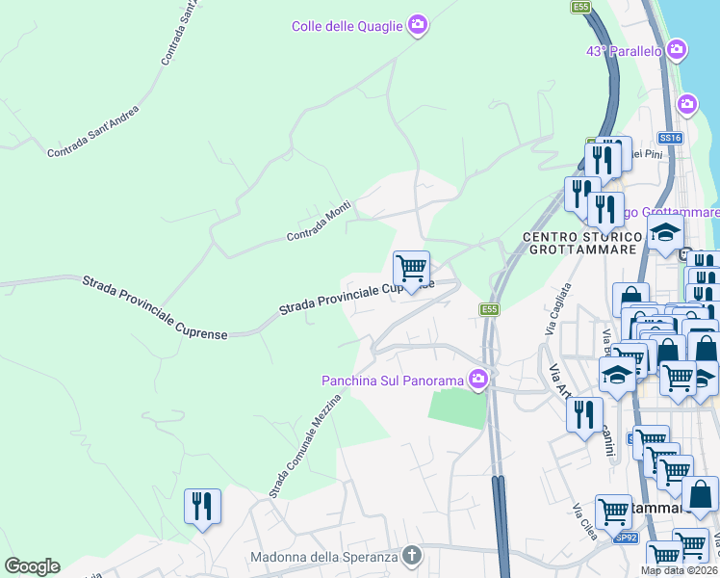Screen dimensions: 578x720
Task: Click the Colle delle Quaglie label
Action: click(347, 26)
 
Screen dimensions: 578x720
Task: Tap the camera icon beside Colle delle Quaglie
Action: click(417, 25)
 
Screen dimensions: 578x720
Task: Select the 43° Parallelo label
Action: click(623, 50)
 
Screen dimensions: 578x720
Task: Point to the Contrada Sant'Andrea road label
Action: click(92, 132)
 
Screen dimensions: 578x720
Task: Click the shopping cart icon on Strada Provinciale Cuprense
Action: click(411, 266)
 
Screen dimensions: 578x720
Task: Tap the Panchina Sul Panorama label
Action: click(393, 381)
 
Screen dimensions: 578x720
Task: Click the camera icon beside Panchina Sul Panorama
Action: click(477, 381)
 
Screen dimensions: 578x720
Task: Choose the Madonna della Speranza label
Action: click(323, 557)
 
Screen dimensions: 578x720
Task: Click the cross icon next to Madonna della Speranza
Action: click(412, 556)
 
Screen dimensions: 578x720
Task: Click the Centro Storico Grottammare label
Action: click(584, 243)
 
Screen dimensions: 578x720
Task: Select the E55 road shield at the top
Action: click(580, 7)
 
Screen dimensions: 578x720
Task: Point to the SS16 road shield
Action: click(670, 139)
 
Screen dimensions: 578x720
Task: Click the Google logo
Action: click(32, 566)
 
